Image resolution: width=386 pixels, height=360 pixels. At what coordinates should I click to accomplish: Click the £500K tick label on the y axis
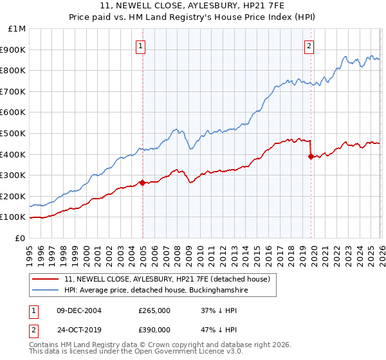click(x=14, y=133)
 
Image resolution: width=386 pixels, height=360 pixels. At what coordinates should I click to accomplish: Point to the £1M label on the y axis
click(x=17, y=28)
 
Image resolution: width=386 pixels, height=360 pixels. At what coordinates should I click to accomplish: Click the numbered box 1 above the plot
click(x=140, y=45)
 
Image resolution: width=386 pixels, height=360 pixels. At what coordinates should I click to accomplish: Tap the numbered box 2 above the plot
click(x=309, y=45)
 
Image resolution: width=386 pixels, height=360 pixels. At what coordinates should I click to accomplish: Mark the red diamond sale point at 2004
click(x=142, y=182)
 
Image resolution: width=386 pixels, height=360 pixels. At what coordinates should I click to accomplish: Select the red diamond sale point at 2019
click(x=311, y=156)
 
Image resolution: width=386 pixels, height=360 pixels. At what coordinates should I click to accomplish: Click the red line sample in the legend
click(x=46, y=278)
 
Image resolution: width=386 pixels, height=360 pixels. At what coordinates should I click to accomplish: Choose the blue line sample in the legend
click(x=46, y=291)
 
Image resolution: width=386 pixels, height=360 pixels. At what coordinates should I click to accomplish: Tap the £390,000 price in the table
click(x=154, y=329)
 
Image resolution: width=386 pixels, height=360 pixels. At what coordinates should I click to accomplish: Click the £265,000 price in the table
click(x=154, y=310)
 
